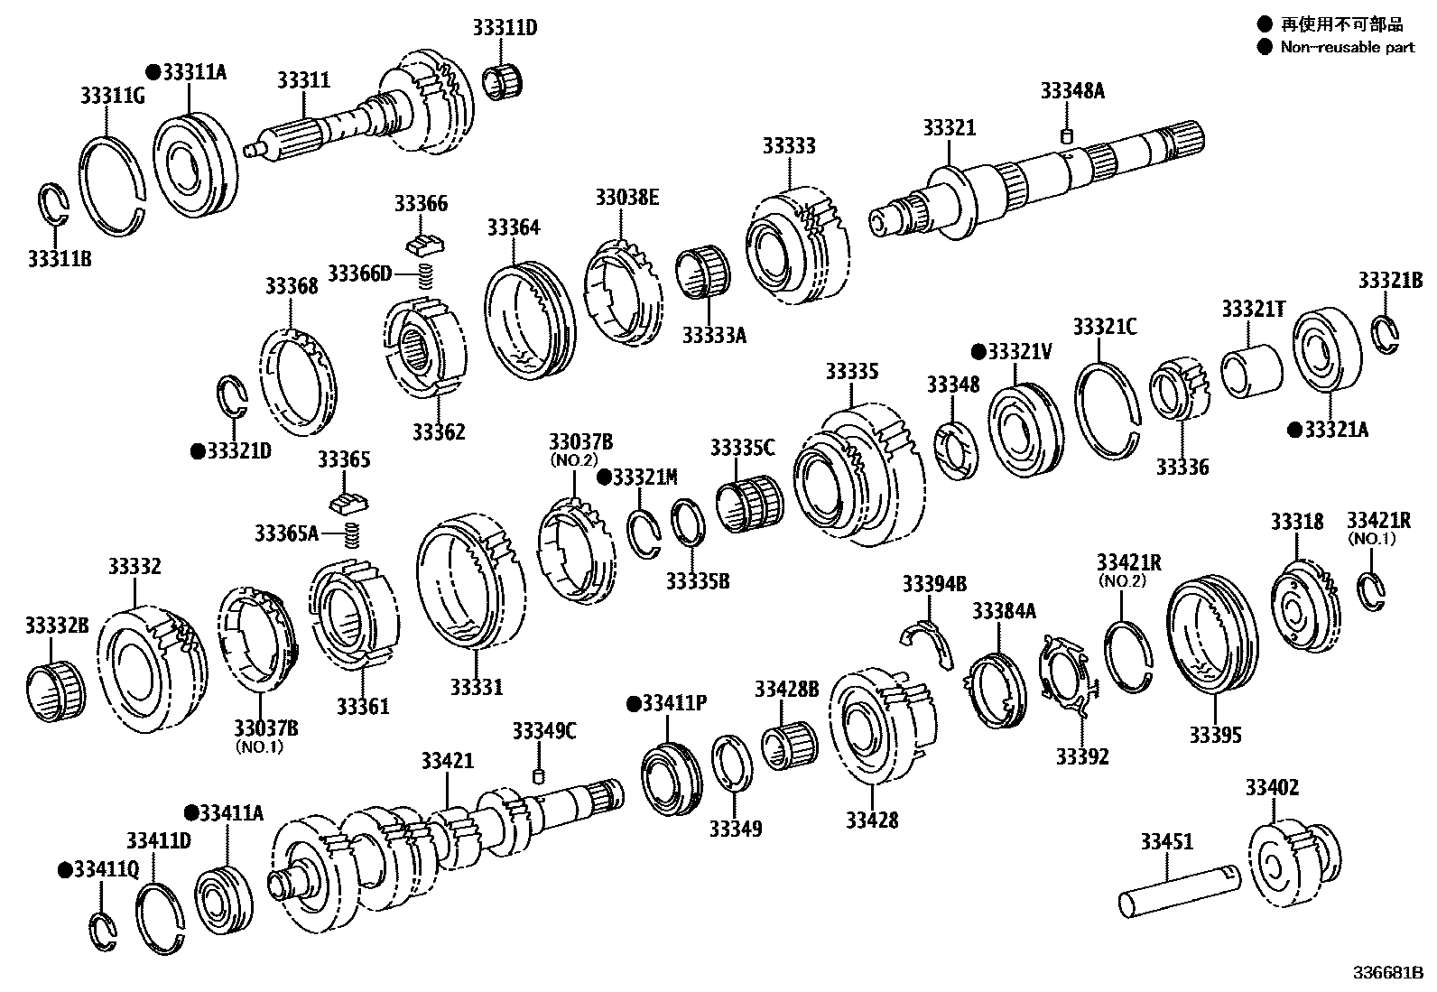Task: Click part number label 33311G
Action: (x=112, y=96)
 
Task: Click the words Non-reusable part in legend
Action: (x=1347, y=47)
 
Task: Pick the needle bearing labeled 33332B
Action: (x=54, y=691)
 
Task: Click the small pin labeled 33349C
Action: (x=539, y=776)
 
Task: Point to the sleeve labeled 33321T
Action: (x=1251, y=371)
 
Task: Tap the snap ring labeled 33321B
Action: (x=1386, y=331)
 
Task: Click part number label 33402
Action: (x=1272, y=787)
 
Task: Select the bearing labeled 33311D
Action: (x=504, y=82)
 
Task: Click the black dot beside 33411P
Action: (x=633, y=702)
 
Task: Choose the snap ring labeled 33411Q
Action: (x=106, y=932)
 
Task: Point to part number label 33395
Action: (x=1215, y=735)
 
